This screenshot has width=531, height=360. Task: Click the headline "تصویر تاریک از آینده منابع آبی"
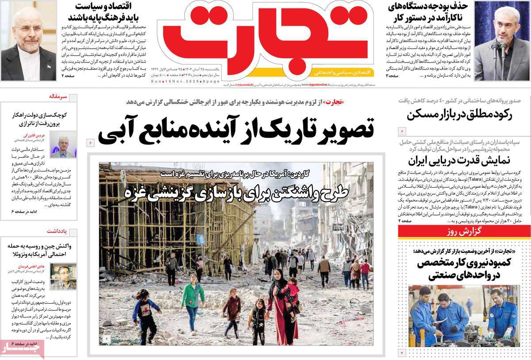pyautogui.click(x=236, y=129)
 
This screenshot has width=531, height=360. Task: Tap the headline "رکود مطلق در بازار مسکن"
pyautogui.click(x=460, y=114)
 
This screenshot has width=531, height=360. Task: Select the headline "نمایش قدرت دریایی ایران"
pyautogui.click(x=460, y=160)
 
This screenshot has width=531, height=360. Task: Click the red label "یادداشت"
pyautogui.click(x=58, y=231)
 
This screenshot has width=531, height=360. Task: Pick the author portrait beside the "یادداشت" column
pyautogui.click(x=63, y=276)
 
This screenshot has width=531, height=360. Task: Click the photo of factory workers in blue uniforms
pyautogui.click(x=463, y=315)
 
